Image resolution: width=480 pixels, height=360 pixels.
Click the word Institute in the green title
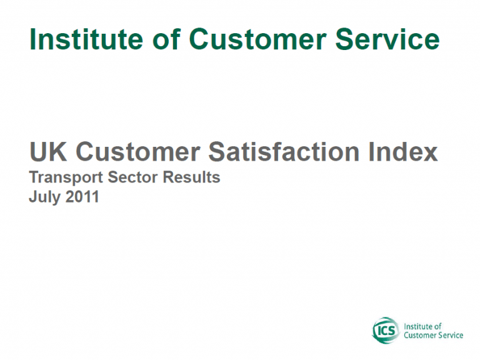coord(86,39)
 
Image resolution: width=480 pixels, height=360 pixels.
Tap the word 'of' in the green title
coord(166,39)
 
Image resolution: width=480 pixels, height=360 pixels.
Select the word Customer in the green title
coord(257,39)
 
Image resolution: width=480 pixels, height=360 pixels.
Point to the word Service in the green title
coord(387,39)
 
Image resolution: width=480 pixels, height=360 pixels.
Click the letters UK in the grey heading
coord(48,151)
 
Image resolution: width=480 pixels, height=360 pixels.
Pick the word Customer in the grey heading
coord(137,151)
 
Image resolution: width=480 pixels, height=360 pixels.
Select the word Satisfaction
coord(284,151)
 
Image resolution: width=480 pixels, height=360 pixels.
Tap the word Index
coord(403,151)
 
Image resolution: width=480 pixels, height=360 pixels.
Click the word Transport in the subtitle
coord(66,177)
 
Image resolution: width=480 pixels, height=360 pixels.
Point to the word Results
coord(191,177)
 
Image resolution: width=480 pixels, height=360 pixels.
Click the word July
coord(45,197)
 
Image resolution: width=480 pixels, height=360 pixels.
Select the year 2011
coord(82,196)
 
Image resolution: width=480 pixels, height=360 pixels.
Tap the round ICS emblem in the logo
coord(386,331)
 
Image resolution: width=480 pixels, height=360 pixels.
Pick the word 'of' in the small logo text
coord(438,326)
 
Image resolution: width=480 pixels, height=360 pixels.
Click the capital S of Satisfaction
coord(217,151)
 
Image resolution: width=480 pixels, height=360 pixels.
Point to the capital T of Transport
coord(34,177)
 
